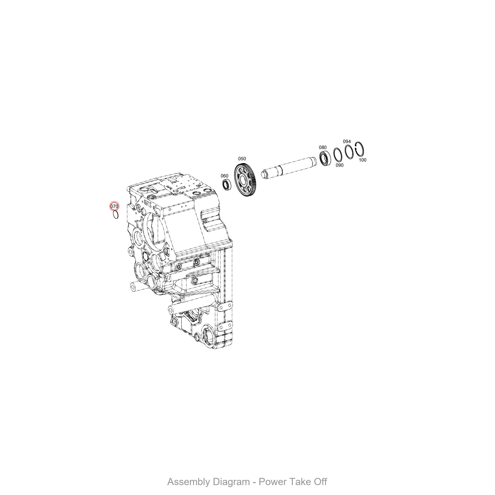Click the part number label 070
(x=114, y=206)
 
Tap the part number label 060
(x=224, y=176)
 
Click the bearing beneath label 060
(x=227, y=185)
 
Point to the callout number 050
(x=242, y=159)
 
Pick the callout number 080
(x=323, y=147)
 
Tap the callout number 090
(x=340, y=165)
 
